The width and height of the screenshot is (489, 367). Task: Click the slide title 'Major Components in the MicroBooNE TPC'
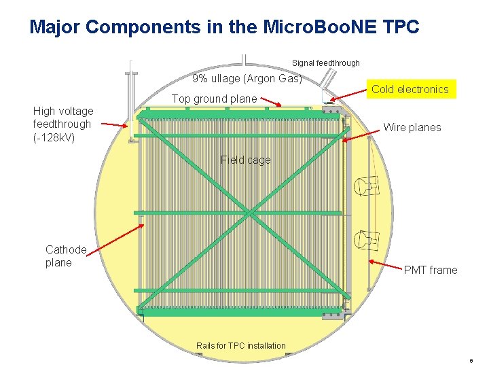(225, 27)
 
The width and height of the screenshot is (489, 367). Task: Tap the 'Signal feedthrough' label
(326, 63)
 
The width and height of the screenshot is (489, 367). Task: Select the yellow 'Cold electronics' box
(410, 89)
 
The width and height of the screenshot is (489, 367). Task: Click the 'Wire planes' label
(412, 127)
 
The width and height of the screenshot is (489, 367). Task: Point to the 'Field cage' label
(245, 160)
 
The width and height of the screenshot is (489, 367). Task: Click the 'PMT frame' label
(431, 270)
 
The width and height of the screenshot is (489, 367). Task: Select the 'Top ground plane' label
(214, 99)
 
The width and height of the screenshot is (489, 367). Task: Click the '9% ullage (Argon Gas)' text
(247, 78)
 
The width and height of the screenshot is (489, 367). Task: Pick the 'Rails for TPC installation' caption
(241, 346)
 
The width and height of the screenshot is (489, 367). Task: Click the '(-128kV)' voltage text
(54, 137)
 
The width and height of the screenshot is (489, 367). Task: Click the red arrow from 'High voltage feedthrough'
(113, 124)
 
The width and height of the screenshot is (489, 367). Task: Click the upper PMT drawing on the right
(367, 185)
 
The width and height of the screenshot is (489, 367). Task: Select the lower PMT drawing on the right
(367, 239)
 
